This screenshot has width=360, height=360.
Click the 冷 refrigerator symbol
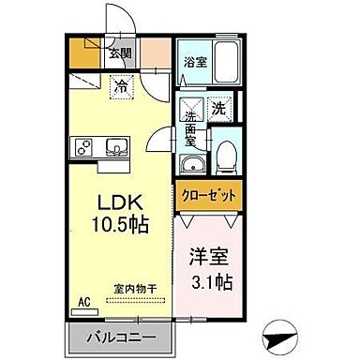pos(122,87)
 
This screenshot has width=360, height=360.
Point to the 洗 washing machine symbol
pos(218,109)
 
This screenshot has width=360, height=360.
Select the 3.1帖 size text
pos(212,280)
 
